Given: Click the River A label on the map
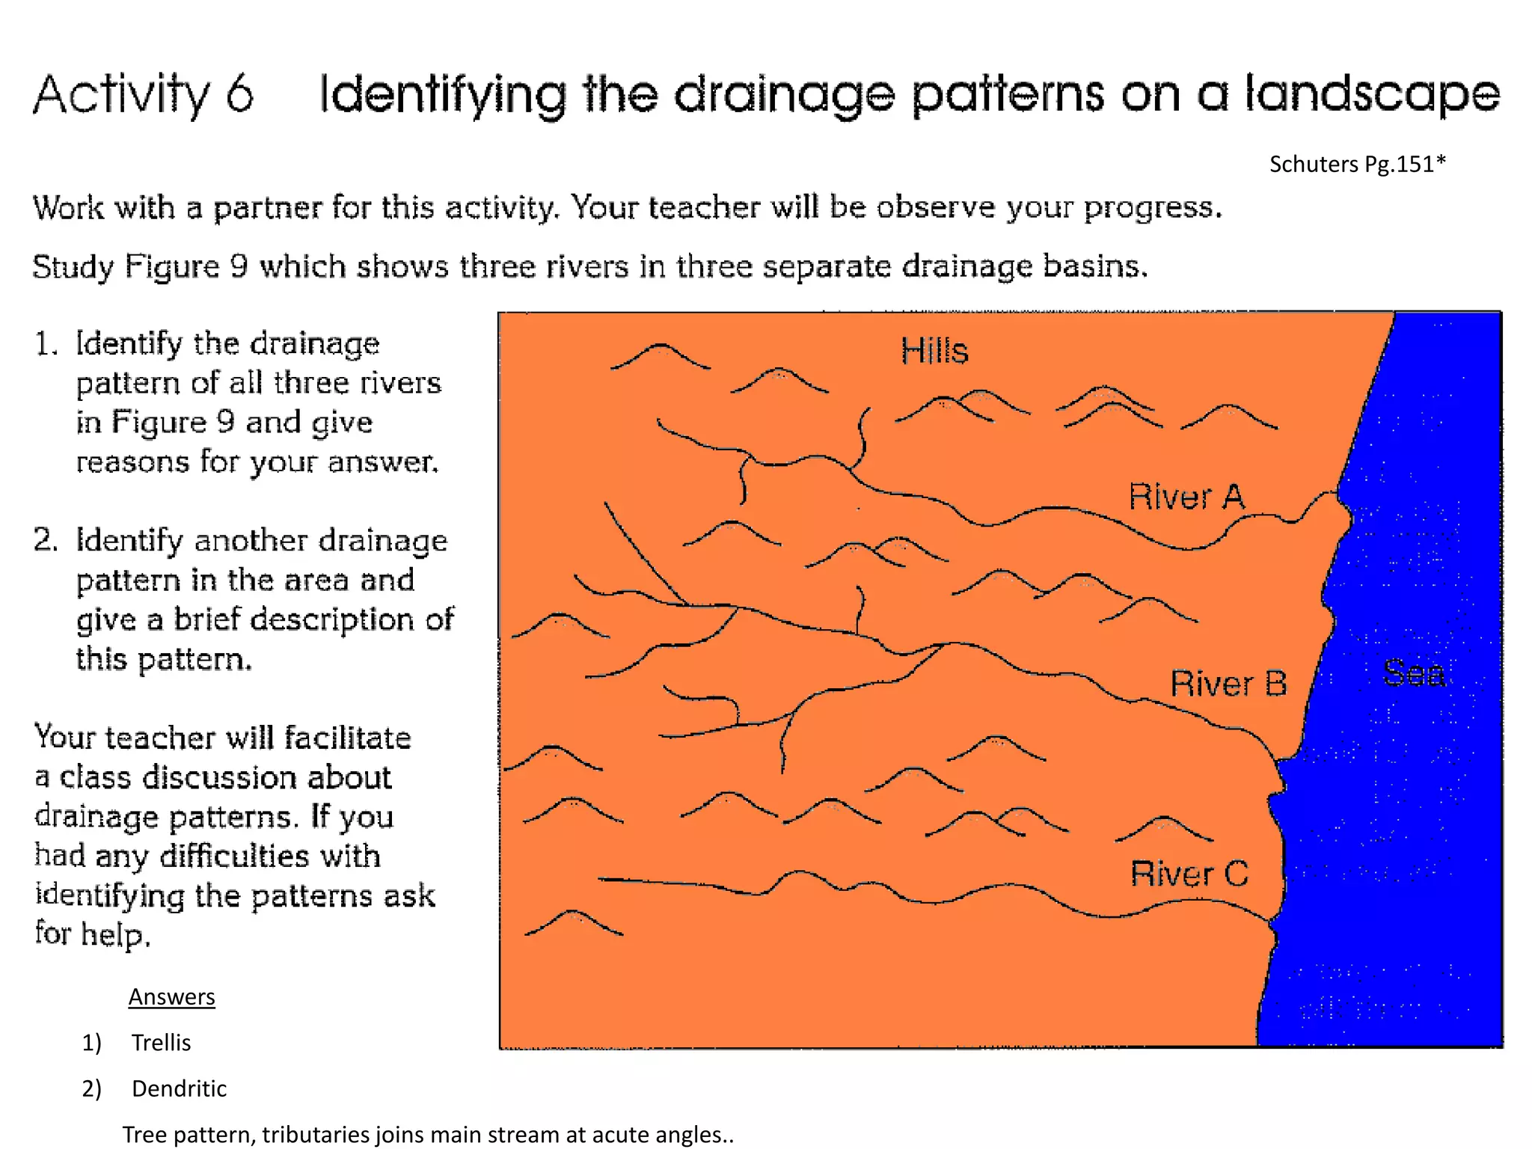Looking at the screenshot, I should click(1186, 497).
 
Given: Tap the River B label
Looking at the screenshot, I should click(1228, 684).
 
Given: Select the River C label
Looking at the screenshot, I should click(1189, 874).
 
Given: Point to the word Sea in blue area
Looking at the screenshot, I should click(1413, 673).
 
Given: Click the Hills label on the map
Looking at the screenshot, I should click(934, 351).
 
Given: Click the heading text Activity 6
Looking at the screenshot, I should click(144, 95).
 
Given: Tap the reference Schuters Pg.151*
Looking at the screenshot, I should click(1357, 164).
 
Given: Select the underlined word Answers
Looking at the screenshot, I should click(171, 996).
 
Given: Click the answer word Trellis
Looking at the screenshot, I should click(161, 1042).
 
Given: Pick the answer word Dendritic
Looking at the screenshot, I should click(179, 1088).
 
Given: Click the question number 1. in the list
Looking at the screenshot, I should click(46, 344).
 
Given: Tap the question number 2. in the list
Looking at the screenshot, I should click(46, 540).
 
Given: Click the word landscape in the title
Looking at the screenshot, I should click(1372, 95).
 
